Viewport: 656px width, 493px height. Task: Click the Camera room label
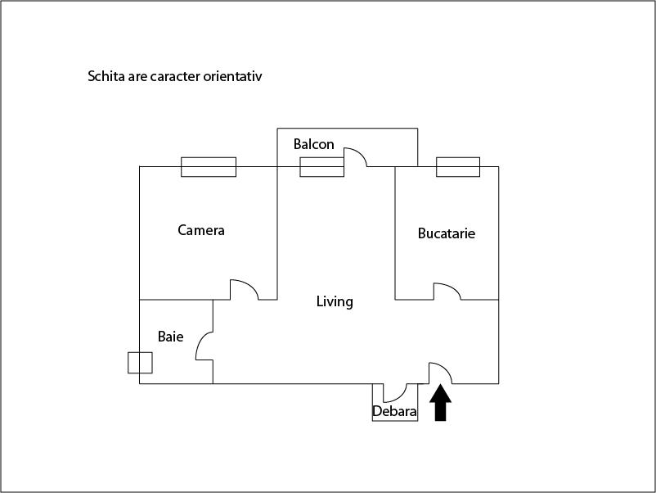pyautogui.click(x=201, y=230)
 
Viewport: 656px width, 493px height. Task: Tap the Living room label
pyautogui.click(x=335, y=301)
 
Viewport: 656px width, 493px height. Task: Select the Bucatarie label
pyautogui.click(x=446, y=233)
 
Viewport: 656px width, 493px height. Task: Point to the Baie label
pyautogui.click(x=171, y=337)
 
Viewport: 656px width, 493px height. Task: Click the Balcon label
pyautogui.click(x=314, y=144)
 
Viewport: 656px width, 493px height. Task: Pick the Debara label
pyautogui.click(x=394, y=411)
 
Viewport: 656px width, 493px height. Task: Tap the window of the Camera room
pyautogui.click(x=209, y=167)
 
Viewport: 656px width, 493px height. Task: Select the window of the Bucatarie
pyautogui.click(x=457, y=167)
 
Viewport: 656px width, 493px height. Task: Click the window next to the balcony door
pyautogui.click(x=321, y=167)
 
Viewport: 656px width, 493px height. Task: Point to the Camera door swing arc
pyautogui.click(x=245, y=289)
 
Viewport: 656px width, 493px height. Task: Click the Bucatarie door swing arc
pyautogui.click(x=447, y=290)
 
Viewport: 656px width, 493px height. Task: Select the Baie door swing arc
pyautogui.click(x=204, y=345)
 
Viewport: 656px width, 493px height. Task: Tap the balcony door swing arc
pyautogui.click(x=355, y=156)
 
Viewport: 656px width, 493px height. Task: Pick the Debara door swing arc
pyautogui.click(x=396, y=392)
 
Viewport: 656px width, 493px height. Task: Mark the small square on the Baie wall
pyautogui.click(x=140, y=362)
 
